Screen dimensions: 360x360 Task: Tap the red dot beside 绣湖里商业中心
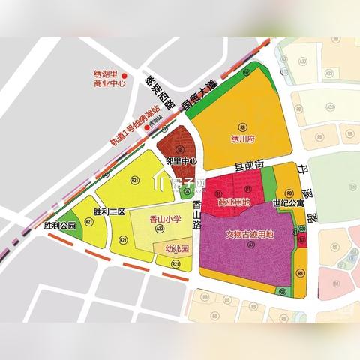(x=126, y=76)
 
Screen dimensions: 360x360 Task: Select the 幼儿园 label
(x=172, y=248)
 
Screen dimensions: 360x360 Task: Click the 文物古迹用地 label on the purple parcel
(x=250, y=233)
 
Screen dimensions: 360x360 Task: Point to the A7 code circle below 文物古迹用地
(x=251, y=245)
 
